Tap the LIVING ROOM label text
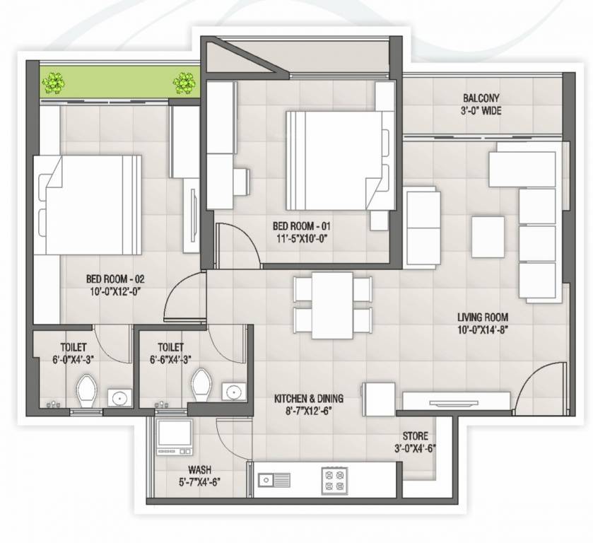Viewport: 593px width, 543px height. (x=482, y=317)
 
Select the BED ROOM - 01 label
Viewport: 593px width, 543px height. (x=302, y=226)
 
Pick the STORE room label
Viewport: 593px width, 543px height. (x=414, y=436)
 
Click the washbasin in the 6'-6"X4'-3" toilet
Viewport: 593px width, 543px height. (x=233, y=392)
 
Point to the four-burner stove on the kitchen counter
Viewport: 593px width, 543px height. (x=333, y=480)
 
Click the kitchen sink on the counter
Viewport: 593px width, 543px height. (x=273, y=481)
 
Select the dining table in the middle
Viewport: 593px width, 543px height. (x=332, y=305)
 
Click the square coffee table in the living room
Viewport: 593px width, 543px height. (x=488, y=237)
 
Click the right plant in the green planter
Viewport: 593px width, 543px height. (x=184, y=83)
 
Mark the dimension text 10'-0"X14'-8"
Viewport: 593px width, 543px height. (x=482, y=329)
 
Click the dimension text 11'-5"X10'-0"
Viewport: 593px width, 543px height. (x=302, y=238)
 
